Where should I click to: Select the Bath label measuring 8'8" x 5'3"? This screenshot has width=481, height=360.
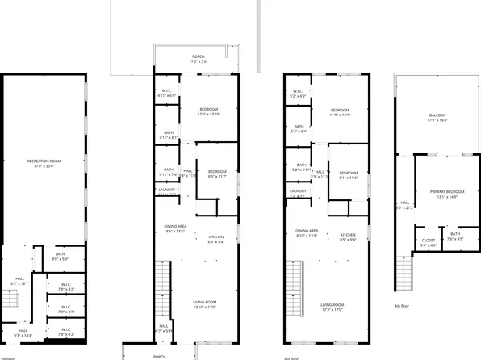coord(61,256)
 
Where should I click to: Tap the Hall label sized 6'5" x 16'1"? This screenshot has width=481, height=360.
coord(19,282)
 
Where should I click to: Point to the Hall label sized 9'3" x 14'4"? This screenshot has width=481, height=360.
coord(23,332)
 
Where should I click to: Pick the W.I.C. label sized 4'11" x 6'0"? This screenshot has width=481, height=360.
coord(168,93)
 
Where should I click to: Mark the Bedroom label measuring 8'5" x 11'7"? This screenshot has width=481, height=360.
coord(216,174)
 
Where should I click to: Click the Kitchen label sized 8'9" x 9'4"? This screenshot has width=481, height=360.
coord(216,239)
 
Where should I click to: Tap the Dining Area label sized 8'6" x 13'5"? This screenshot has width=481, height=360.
coord(175,229)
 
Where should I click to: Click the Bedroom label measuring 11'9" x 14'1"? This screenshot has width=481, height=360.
coord(340,112)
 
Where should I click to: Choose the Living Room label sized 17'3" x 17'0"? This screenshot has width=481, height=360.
coord(332,306)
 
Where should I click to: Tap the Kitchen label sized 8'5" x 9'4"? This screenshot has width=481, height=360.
coord(348,237)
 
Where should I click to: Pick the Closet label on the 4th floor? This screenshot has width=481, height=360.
coord(429,242)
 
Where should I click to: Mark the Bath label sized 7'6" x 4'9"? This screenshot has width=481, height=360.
coord(456,236)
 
